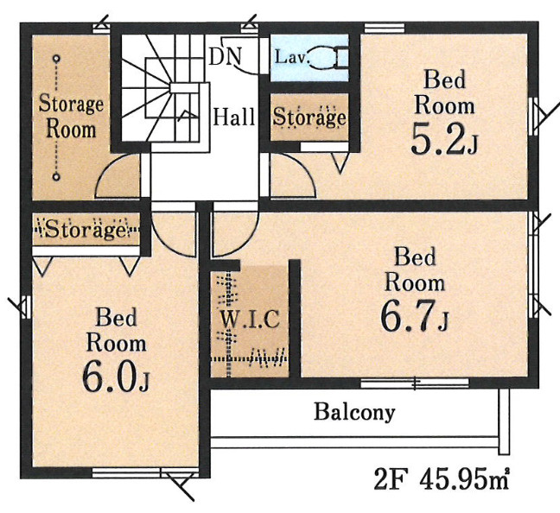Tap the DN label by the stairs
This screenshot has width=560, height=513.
(x=225, y=56)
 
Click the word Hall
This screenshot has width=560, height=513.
(x=234, y=117)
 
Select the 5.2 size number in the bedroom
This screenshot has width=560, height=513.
(x=438, y=140)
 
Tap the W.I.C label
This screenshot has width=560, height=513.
(x=249, y=320)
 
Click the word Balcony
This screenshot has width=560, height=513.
(x=354, y=412)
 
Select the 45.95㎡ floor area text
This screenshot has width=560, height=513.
(x=464, y=480)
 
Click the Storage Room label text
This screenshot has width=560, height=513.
(x=71, y=116)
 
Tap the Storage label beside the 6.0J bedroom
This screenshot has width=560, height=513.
(x=86, y=229)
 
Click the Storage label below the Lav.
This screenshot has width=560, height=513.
(x=309, y=117)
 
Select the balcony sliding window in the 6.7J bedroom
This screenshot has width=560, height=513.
(x=414, y=383)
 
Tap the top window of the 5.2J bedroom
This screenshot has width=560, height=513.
(x=385, y=28)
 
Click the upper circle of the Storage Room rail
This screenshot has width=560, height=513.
(x=56, y=58)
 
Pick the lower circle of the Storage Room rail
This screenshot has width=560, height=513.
(x=56, y=176)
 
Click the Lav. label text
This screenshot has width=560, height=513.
(x=292, y=57)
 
